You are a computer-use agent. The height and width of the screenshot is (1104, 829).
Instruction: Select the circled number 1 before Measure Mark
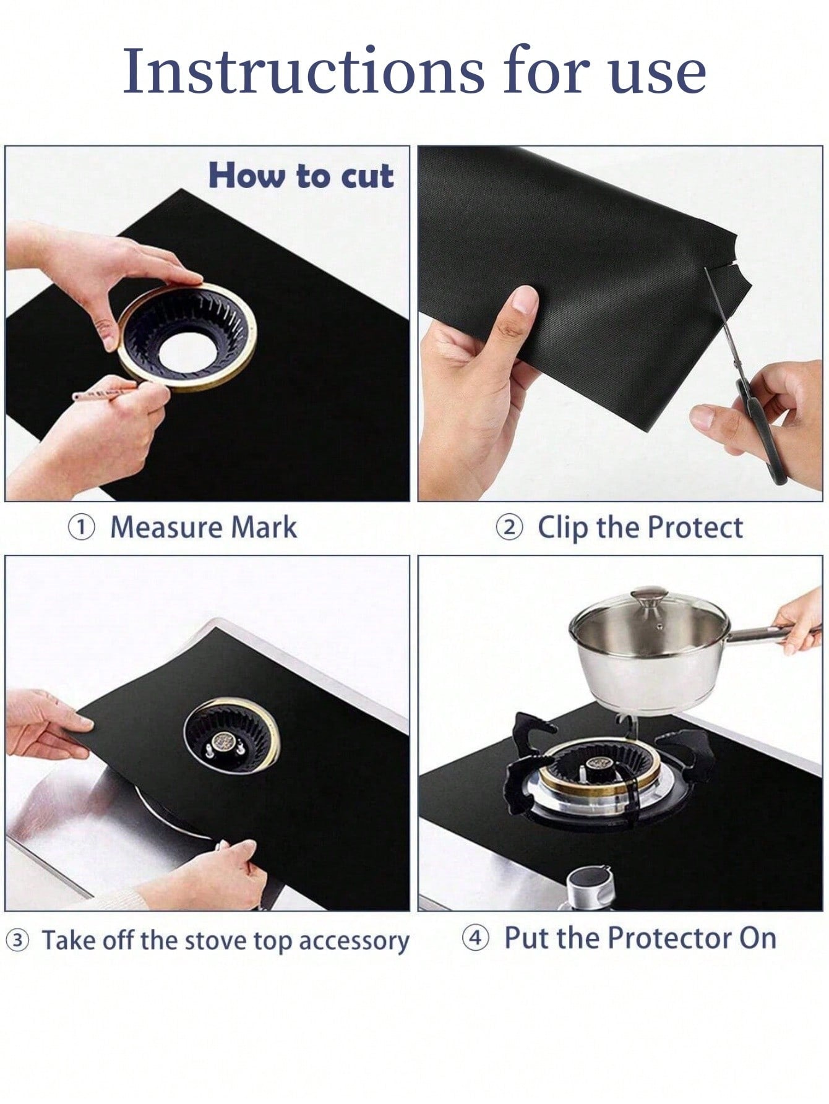coord(81,528)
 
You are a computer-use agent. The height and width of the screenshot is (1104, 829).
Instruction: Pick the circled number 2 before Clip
coord(509,528)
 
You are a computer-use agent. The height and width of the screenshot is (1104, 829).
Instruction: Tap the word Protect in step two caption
coord(695,527)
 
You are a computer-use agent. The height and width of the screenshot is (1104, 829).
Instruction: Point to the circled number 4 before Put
coord(475,938)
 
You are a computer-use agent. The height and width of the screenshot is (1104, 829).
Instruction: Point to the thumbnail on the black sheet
coord(525,299)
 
